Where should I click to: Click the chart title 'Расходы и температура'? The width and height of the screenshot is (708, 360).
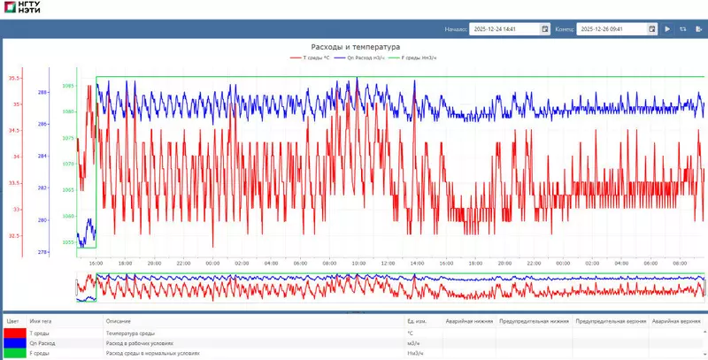pyautogui.click(x=355, y=47)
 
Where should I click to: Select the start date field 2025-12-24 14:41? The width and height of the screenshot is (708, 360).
pyautogui.click(x=504, y=29)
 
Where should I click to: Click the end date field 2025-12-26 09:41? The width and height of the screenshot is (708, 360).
pyautogui.click(x=612, y=29)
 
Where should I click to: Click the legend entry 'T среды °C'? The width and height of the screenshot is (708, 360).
pyautogui.click(x=311, y=58)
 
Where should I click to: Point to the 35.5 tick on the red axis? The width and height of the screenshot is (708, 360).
pyautogui.click(x=14, y=79)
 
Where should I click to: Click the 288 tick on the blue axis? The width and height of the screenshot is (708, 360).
pyautogui.click(x=42, y=92)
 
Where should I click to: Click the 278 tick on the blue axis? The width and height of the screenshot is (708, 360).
pyautogui.click(x=42, y=252)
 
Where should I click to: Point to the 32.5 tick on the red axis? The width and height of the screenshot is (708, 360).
pyautogui.click(x=14, y=235)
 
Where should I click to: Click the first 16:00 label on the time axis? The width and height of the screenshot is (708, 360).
pyautogui.click(x=96, y=263)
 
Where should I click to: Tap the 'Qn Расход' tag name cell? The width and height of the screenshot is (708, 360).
pyautogui.click(x=42, y=342)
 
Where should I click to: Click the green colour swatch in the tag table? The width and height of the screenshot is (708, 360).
pyautogui.click(x=14, y=353)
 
